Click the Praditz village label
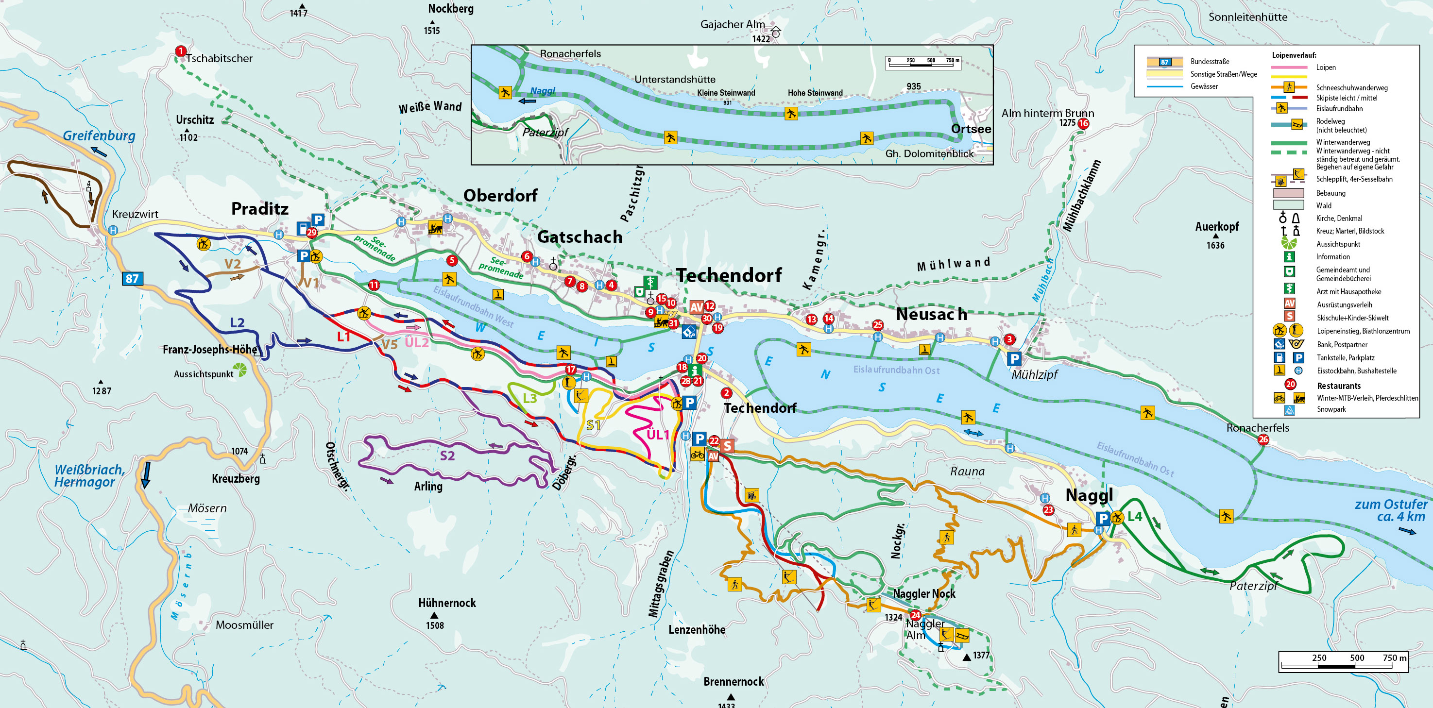pos(260,208)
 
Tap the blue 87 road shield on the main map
pos(132,279)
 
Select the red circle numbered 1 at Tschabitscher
pos(180,51)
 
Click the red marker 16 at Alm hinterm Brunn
pos(1083,123)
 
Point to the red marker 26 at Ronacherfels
pos(1263,439)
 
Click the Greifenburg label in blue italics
pos(99,135)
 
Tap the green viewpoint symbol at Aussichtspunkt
pos(240,369)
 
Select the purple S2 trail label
pos(447,455)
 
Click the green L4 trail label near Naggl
pos(1135,516)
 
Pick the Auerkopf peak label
pos(1217,226)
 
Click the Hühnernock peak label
pos(447,603)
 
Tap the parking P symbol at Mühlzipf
pos(1014,359)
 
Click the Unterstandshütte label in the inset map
pos(675,80)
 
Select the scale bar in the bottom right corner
pos(1343,662)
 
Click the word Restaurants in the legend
pos(1338,386)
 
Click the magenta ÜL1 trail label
pos(658,434)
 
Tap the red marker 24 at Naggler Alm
pos(915,615)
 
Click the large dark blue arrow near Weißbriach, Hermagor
pos(146,474)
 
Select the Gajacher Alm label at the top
pos(732,24)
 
